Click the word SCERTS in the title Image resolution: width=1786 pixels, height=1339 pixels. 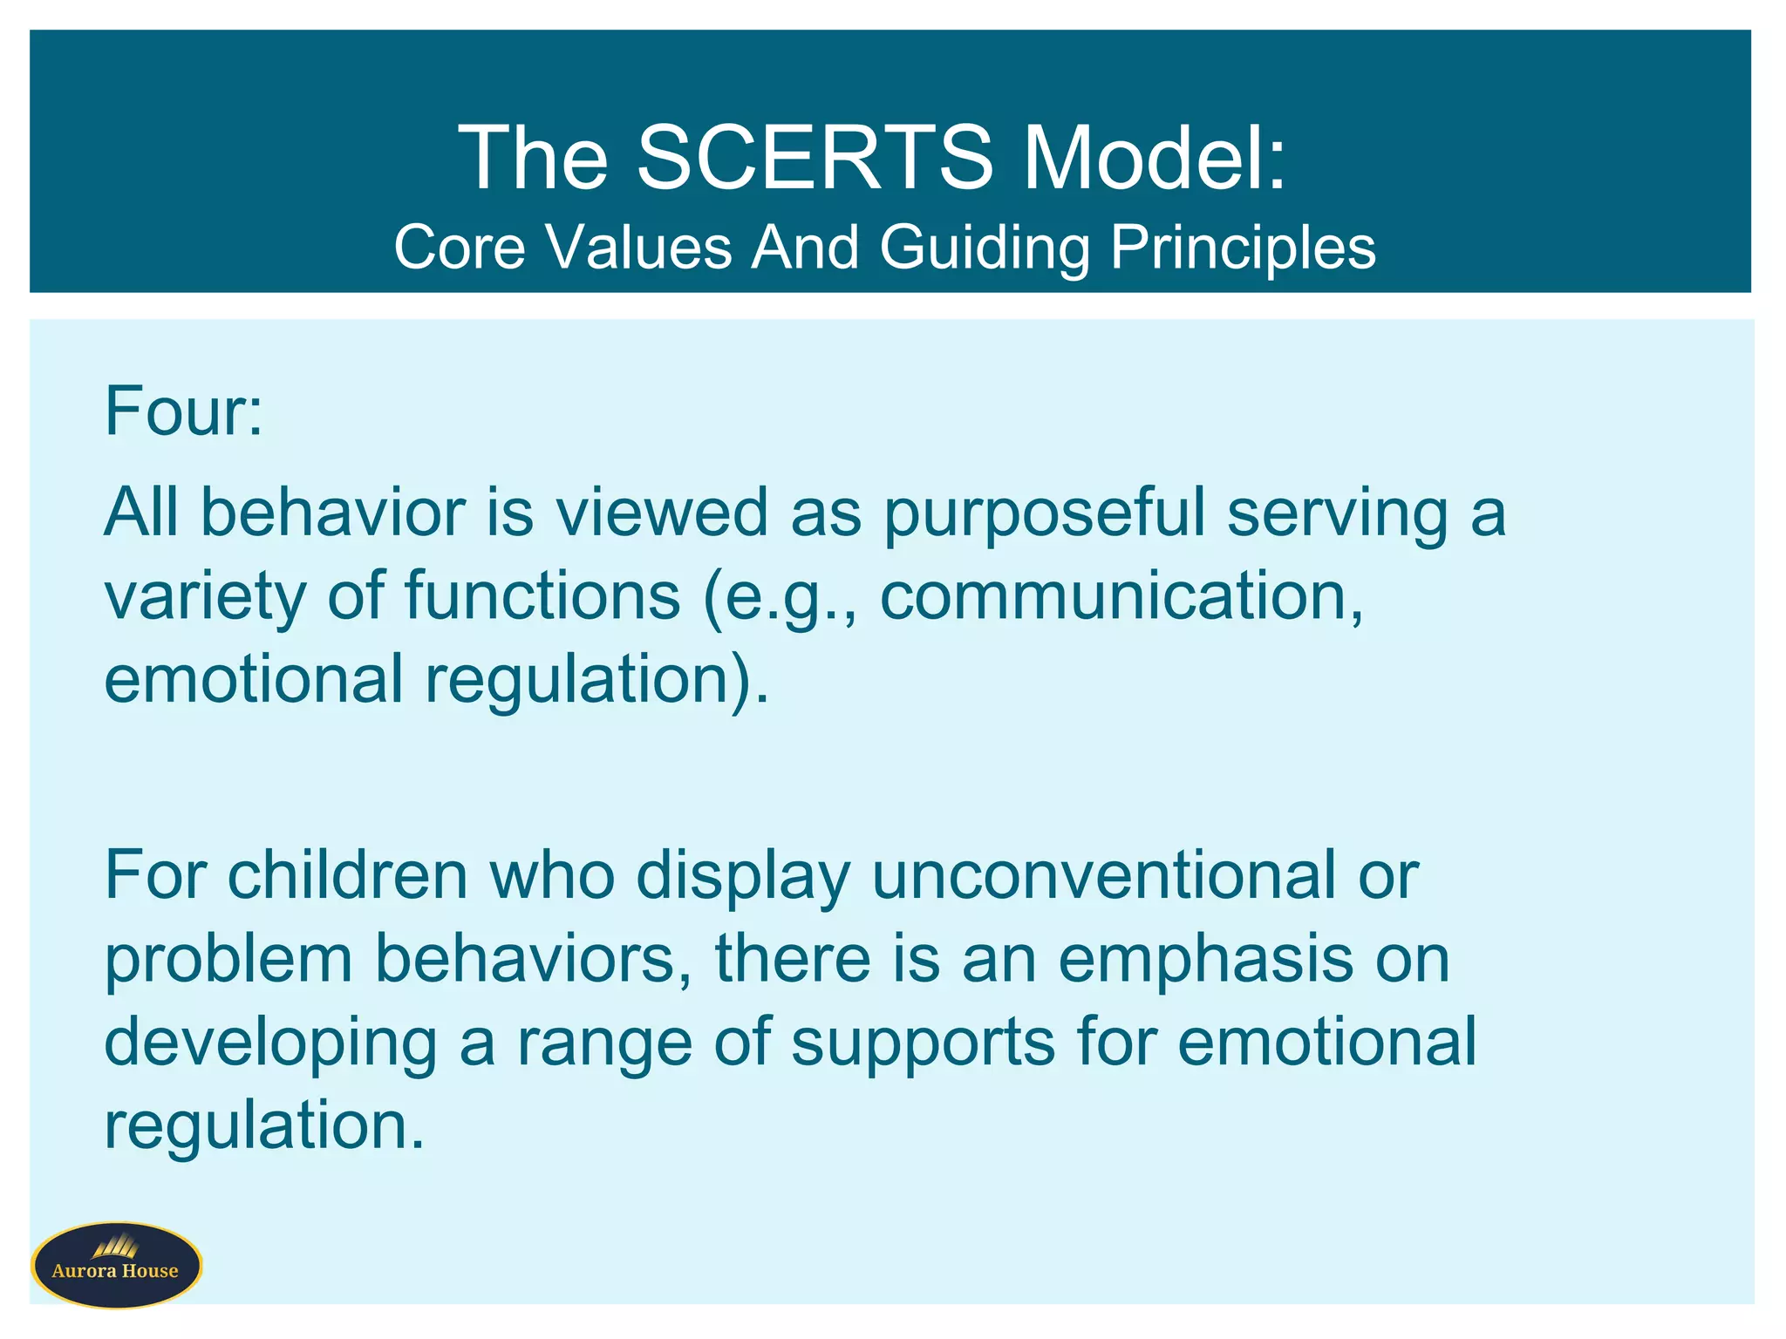click(815, 158)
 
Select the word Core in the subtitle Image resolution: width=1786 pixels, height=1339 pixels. click(459, 247)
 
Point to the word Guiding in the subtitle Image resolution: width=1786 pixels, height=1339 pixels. click(985, 248)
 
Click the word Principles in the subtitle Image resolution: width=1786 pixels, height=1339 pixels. click(1242, 248)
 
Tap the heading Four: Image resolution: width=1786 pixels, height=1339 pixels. click(183, 411)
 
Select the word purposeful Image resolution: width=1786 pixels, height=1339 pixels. click(1044, 514)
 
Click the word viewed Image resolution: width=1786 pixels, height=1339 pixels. click(662, 513)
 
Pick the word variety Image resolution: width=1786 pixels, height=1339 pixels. click(205, 598)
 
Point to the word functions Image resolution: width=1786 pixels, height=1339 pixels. click(542, 596)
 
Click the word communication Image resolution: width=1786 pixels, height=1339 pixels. click(1121, 596)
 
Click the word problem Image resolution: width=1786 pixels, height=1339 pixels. click(228, 961)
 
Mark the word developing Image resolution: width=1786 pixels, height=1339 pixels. click(270, 1044)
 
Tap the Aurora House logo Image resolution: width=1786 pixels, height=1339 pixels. click(116, 1265)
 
